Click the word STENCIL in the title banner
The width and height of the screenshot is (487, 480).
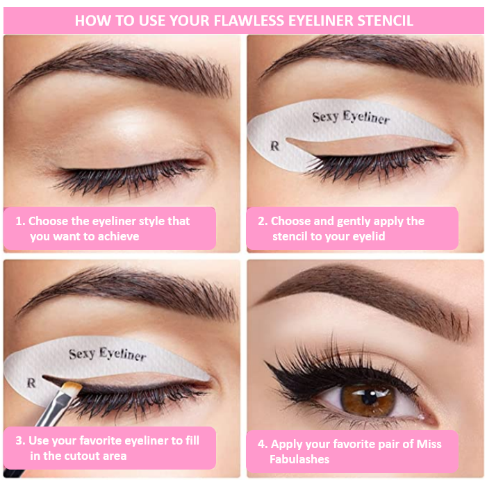[385, 20]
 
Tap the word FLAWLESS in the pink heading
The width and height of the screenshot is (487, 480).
[249, 20]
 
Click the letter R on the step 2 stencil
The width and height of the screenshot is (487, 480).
[274, 146]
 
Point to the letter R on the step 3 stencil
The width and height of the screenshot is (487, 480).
[31, 383]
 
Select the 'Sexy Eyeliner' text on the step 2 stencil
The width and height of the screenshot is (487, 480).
[351, 117]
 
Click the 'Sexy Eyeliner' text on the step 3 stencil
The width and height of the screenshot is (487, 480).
[108, 354]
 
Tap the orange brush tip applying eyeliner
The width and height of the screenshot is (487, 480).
[72, 388]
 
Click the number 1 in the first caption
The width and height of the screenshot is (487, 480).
[20, 221]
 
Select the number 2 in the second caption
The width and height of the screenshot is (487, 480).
[262, 221]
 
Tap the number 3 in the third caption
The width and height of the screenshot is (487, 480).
[20, 440]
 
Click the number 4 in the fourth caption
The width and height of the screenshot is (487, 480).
[262, 444]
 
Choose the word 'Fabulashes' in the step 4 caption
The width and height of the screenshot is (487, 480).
[299, 459]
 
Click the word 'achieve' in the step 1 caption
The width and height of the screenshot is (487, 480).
[118, 237]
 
